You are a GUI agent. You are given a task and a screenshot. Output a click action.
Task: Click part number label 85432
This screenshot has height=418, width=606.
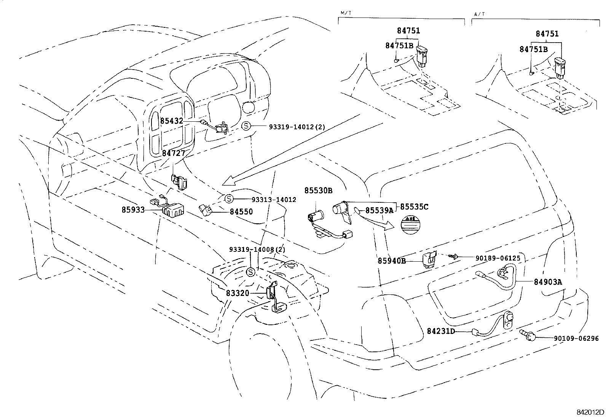172,121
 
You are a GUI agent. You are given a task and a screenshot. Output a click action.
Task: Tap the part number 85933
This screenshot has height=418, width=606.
133,210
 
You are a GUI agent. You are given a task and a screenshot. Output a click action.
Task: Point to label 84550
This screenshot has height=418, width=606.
241,211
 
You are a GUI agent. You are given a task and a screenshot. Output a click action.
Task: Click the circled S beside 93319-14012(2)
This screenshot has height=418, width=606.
246,126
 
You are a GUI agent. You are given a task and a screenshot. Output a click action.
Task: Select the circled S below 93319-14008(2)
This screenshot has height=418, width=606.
251,272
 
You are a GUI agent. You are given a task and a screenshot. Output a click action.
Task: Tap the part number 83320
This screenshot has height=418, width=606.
237,293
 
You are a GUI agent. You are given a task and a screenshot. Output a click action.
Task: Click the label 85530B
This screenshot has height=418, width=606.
318,190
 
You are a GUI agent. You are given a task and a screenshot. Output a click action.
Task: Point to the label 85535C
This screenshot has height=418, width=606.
414,207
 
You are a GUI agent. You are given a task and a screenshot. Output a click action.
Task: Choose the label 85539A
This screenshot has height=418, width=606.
379,210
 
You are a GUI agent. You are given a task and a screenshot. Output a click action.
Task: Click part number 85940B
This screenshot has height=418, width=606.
392,261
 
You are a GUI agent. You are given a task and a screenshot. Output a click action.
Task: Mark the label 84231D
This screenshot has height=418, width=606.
441,331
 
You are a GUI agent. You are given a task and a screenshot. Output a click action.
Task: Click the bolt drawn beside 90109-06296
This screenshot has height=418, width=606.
528,335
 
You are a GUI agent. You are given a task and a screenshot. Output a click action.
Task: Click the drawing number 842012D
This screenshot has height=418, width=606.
590,412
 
